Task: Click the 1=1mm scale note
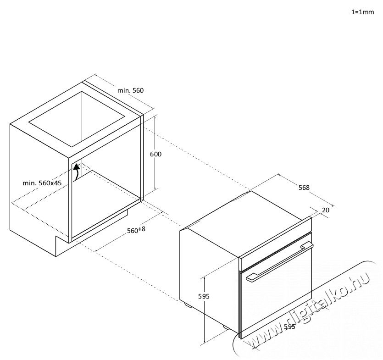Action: coord(362,12)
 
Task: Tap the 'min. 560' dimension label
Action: coord(130,91)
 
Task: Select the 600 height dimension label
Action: coord(155,154)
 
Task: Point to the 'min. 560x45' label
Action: coord(42,183)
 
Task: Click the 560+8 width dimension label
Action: coord(136,230)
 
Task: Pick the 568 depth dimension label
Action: coord(304,188)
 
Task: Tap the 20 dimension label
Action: coord(326,210)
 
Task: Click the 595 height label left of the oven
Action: coord(204,296)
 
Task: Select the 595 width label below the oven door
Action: coord(289,327)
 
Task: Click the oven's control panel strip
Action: coord(275,244)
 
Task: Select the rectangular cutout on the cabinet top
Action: coord(77,119)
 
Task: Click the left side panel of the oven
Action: coord(209,279)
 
